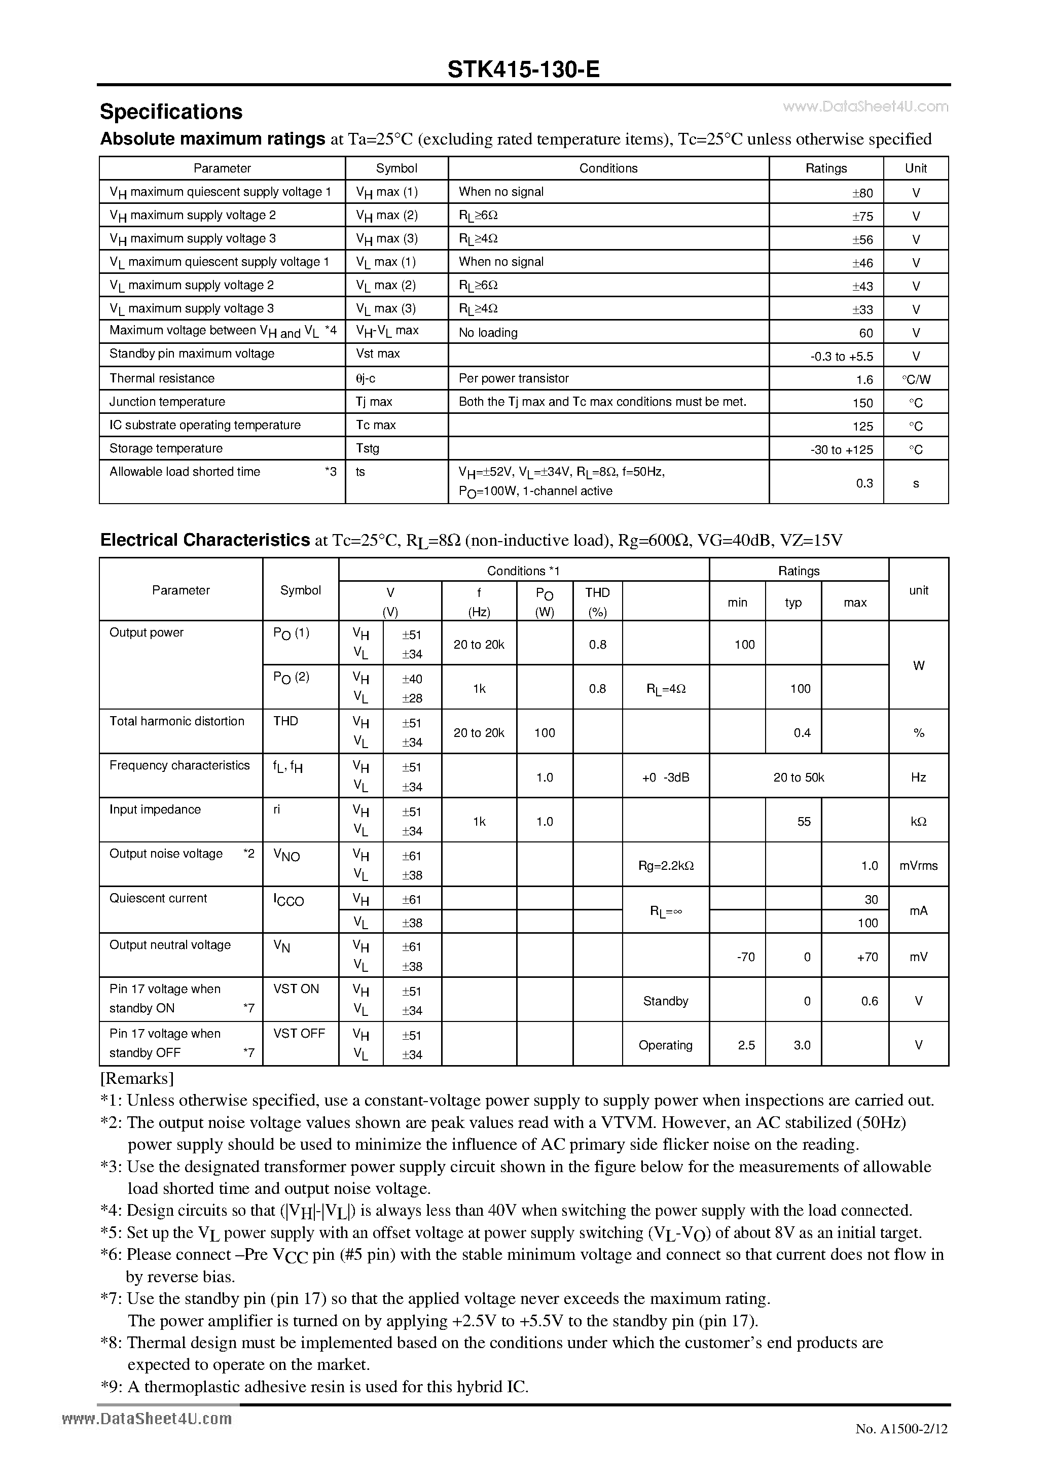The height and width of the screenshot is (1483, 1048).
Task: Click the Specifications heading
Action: (171, 112)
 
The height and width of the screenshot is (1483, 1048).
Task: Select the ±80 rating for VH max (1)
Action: (862, 193)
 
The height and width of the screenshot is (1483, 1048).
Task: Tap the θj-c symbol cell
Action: (366, 378)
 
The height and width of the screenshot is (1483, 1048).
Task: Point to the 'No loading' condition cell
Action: (488, 333)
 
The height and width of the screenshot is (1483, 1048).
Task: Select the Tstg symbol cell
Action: (368, 448)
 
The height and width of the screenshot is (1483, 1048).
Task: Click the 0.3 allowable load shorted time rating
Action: (864, 483)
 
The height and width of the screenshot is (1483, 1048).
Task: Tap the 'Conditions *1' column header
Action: (523, 571)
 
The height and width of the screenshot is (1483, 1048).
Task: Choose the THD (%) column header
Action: (597, 602)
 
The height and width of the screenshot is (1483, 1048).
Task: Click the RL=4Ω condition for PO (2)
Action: (666, 689)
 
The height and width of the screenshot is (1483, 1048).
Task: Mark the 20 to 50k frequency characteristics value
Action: (799, 778)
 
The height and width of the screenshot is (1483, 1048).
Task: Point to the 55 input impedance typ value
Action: (803, 822)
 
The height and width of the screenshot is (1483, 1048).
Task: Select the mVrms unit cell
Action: (918, 866)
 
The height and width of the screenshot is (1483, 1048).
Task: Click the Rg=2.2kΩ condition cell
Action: (666, 866)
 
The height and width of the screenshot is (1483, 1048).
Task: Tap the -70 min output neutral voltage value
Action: (745, 957)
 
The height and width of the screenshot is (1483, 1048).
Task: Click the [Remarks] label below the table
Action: (137, 1079)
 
